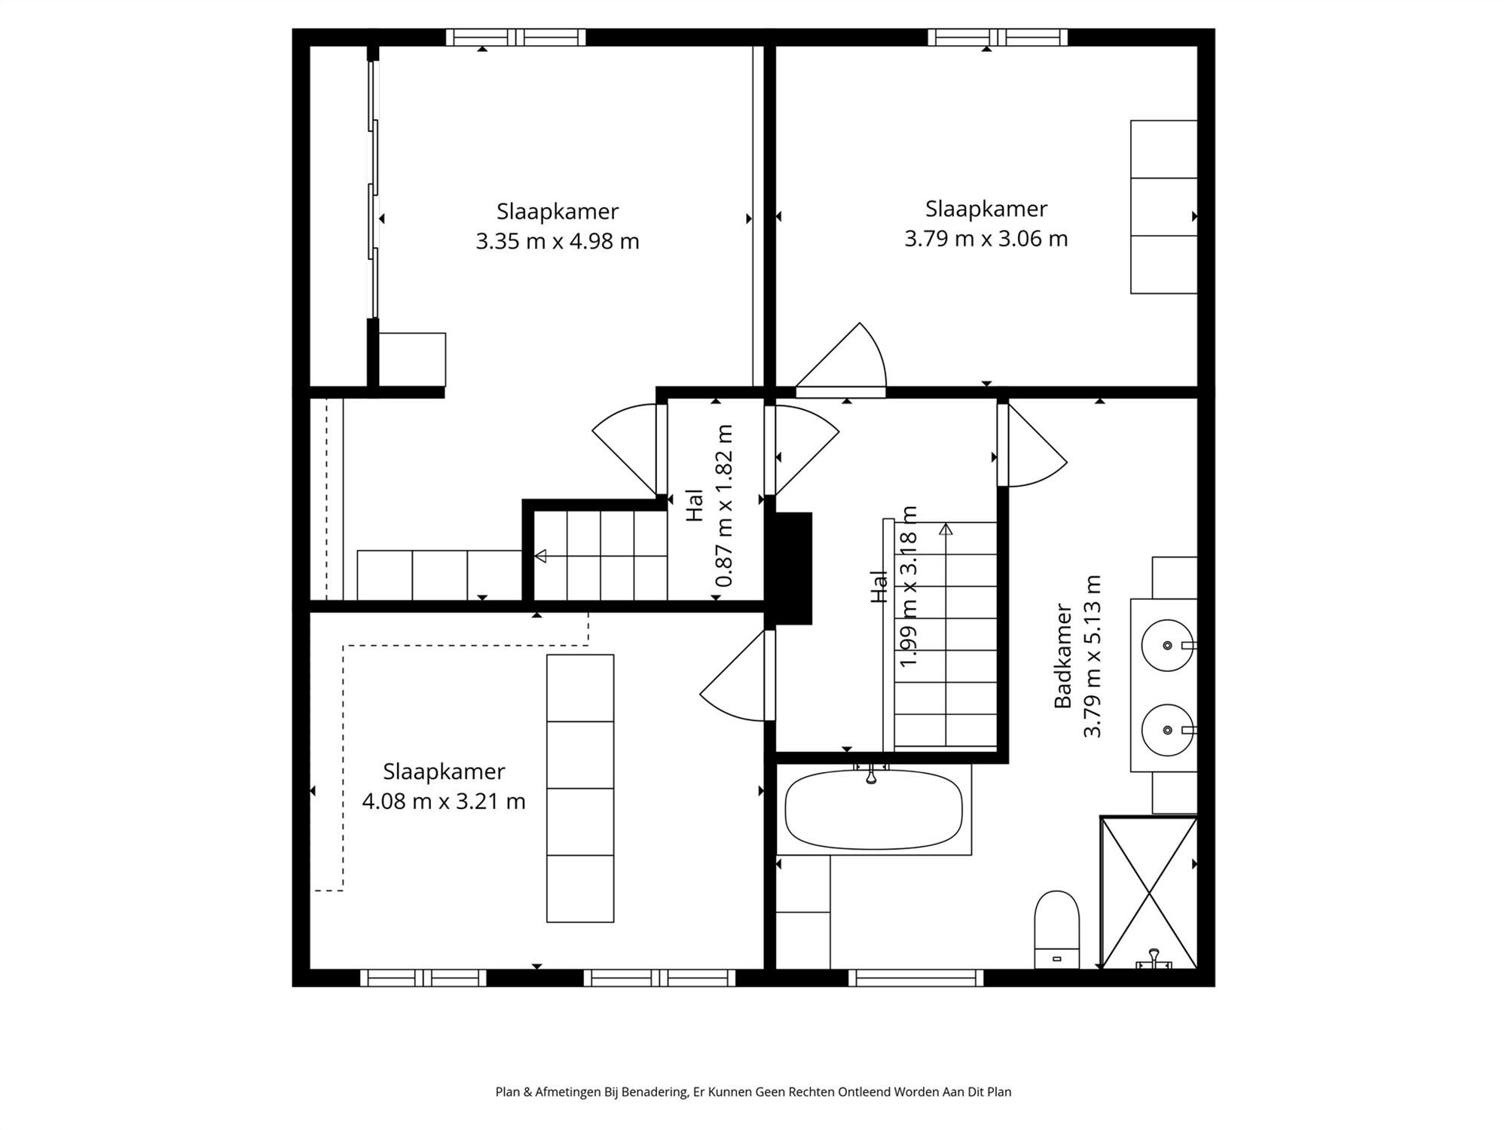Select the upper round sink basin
coord(1167,646)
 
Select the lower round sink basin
coord(1167,730)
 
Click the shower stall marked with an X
coord(1148,892)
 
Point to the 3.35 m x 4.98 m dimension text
coord(557,242)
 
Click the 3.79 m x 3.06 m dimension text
coord(986,239)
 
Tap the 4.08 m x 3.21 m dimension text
coord(443,801)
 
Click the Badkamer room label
coord(1062,655)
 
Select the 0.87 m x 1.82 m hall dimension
coord(724,505)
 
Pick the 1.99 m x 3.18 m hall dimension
coord(909,586)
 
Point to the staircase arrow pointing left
coord(540,556)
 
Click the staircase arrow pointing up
coord(946,530)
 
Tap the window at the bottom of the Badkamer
coord(916,978)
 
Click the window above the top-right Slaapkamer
coord(997,37)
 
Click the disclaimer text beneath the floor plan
coord(753,1092)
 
